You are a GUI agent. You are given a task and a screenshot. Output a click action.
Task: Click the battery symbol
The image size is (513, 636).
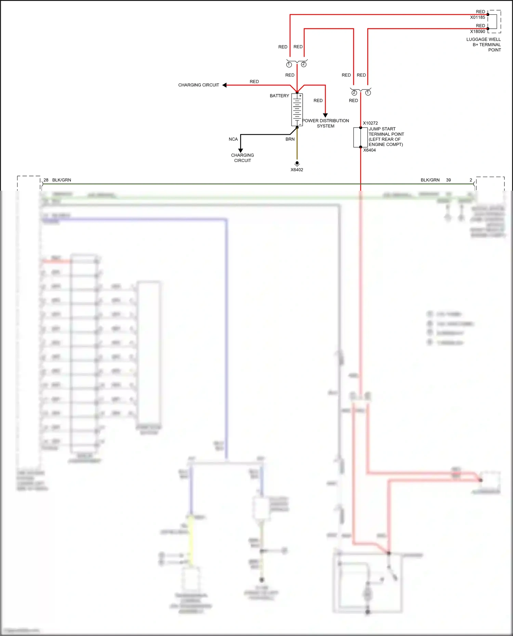(x=297, y=110)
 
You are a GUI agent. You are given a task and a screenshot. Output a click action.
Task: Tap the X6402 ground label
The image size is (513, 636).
(x=297, y=170)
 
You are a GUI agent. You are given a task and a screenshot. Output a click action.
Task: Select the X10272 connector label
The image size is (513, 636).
(x=370, y=123)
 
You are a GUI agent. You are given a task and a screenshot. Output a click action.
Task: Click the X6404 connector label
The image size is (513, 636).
(x=369, y=150)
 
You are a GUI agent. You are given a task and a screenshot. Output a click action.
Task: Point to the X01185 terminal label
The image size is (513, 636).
(x=477, y=17)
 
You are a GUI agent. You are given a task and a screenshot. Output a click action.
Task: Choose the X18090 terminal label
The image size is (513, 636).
(x=477, y=31)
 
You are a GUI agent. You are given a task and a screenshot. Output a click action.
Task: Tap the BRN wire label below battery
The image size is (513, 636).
(x=290, y=139)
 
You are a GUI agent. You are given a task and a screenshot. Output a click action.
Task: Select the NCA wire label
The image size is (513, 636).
(x=233, y=139)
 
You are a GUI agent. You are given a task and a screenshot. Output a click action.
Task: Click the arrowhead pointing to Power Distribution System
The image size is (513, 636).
(x=325, y=115)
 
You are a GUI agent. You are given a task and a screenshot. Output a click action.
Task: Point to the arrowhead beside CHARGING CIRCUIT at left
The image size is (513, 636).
(x=225, y=85)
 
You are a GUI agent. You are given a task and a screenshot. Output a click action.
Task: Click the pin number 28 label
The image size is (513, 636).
(x=46, y=180)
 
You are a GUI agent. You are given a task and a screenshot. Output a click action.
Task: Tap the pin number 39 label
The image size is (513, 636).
(x=448, y=180)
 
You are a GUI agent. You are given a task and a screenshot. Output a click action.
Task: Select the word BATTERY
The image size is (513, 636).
(x=279, y=96)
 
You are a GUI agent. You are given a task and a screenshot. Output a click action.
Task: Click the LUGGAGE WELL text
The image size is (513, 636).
(x=483, y=39)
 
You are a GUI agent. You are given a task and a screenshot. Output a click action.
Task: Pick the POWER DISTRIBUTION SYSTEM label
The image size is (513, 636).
(x=326, y=123)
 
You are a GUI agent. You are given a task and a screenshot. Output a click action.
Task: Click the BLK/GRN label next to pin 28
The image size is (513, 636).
(x=62, y=180)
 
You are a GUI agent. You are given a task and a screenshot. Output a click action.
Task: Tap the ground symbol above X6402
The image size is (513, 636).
(x=297, y=164)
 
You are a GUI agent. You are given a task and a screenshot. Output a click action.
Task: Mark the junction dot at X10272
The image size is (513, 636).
(x=360, y=127)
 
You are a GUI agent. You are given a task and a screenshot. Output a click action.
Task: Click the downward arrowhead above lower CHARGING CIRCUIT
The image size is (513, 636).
(x=240, y=150)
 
